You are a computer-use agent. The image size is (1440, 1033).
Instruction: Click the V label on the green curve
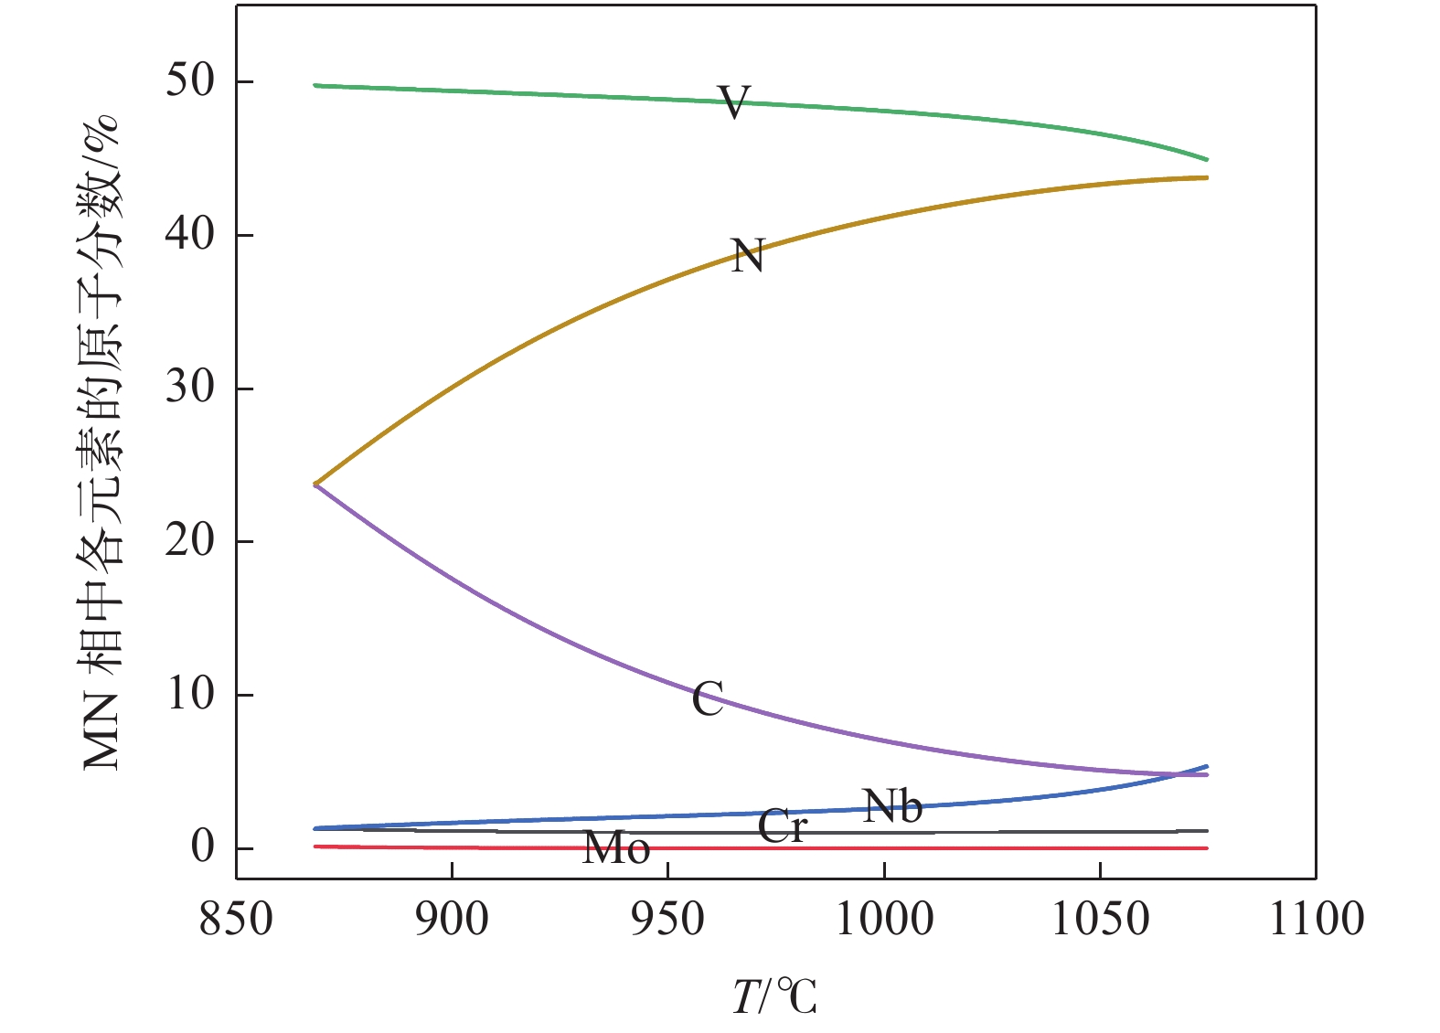[734, 102]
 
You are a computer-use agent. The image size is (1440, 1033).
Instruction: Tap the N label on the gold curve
[747, 256]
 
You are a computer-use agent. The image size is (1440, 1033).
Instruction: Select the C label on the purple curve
[708, 699]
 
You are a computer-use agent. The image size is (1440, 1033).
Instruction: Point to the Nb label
[892, 805]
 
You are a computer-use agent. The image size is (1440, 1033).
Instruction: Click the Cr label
[783, 826]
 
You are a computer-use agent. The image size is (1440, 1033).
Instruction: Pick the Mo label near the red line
[616, 848]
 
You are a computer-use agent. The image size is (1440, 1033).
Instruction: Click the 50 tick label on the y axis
[190, 81]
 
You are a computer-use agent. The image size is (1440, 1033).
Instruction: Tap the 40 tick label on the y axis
[190, 235]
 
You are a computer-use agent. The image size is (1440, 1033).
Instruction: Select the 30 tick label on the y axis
[190, 388]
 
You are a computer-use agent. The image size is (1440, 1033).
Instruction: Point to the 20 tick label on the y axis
[190, 541]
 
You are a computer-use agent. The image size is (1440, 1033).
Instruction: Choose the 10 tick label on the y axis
[190, 695]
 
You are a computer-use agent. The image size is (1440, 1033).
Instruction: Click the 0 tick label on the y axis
[202, 847]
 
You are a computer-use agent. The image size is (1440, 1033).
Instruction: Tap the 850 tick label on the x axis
[236, 919]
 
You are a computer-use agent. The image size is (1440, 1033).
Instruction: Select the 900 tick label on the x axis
[453, 919]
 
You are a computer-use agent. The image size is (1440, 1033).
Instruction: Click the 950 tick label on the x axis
[668, 919]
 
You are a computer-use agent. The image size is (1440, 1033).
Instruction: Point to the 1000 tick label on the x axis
[885, 919]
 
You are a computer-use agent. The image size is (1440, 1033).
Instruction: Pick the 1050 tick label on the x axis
[1101, 919]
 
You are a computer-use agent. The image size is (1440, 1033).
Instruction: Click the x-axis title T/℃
[774, 996]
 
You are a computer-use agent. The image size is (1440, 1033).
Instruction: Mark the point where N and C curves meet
[315, 484]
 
